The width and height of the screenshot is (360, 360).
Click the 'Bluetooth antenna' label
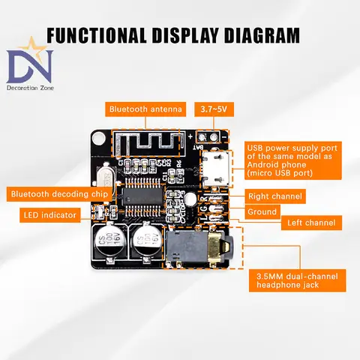tap(145, 110)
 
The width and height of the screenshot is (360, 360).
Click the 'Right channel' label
tap(274, 196)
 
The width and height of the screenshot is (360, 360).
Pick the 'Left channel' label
tap(310, 223)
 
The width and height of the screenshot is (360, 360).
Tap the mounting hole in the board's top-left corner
tap(97, 139)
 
